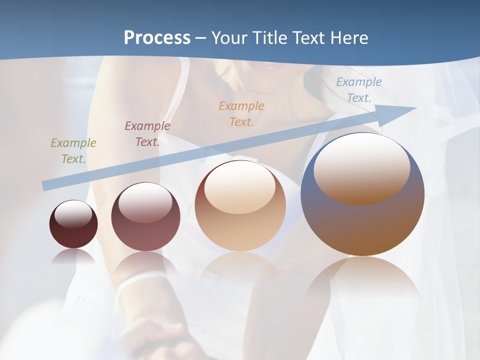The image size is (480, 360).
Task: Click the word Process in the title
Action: pyautogui.click(x=157, y=38)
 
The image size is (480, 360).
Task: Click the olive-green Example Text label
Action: pyautogui.click(x=73, y=150)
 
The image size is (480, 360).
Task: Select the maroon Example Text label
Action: pyautogui.click(x=147, y=133)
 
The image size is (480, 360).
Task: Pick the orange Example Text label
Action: pyautogui.click(x=241, y=113)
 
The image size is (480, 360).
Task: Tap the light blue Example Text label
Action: pyautogui.click(x=358, y=89)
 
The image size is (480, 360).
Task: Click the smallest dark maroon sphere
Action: pyautogui.click(x=73, y=235)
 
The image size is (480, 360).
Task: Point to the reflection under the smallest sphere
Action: pyautogui.click(x=73, y=256)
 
